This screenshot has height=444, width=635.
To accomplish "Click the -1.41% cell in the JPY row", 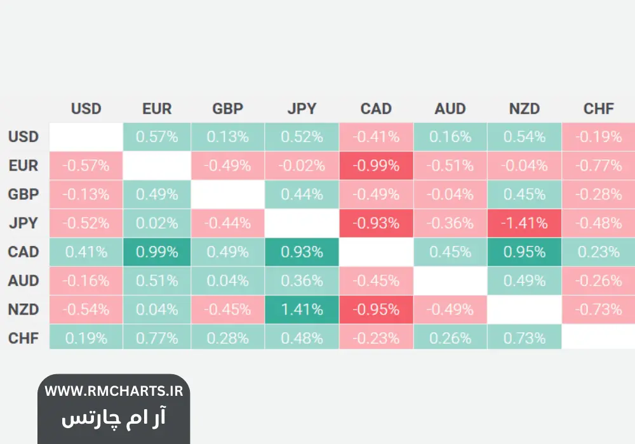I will tap(525, 223).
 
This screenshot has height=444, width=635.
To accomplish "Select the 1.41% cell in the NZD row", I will tap(302, 310).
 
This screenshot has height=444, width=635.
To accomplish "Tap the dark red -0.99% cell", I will tap(376, 166).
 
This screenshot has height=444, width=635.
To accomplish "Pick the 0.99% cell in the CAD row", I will tap(157, 252).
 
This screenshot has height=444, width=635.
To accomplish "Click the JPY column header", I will tap(302, 108).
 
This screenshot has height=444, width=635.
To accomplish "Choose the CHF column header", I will tap(599, 108).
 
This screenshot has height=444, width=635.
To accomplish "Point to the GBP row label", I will tap(23, 195).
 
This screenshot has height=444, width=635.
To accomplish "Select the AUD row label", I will tap(23, 280).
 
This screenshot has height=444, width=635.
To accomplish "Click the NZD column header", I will tap(525, 108).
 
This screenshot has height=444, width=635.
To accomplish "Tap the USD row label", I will tap(23, 136).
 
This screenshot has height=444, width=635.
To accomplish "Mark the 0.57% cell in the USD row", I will tap(157, 137).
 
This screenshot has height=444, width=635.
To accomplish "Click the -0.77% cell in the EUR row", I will tap(599, 166).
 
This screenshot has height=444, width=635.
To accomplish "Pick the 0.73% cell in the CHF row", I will tap(525, 338).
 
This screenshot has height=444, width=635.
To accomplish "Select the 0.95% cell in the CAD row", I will tap(525, 252).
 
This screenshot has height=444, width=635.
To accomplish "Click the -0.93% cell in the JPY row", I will tap(376, 223).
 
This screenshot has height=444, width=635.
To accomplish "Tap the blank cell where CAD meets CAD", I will tap(376, 252).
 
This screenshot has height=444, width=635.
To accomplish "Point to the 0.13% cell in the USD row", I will tap(227, 137).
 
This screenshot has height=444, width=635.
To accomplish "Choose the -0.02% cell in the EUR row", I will tap(302, 166).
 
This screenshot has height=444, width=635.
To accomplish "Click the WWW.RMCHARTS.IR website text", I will tap(114, 391).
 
